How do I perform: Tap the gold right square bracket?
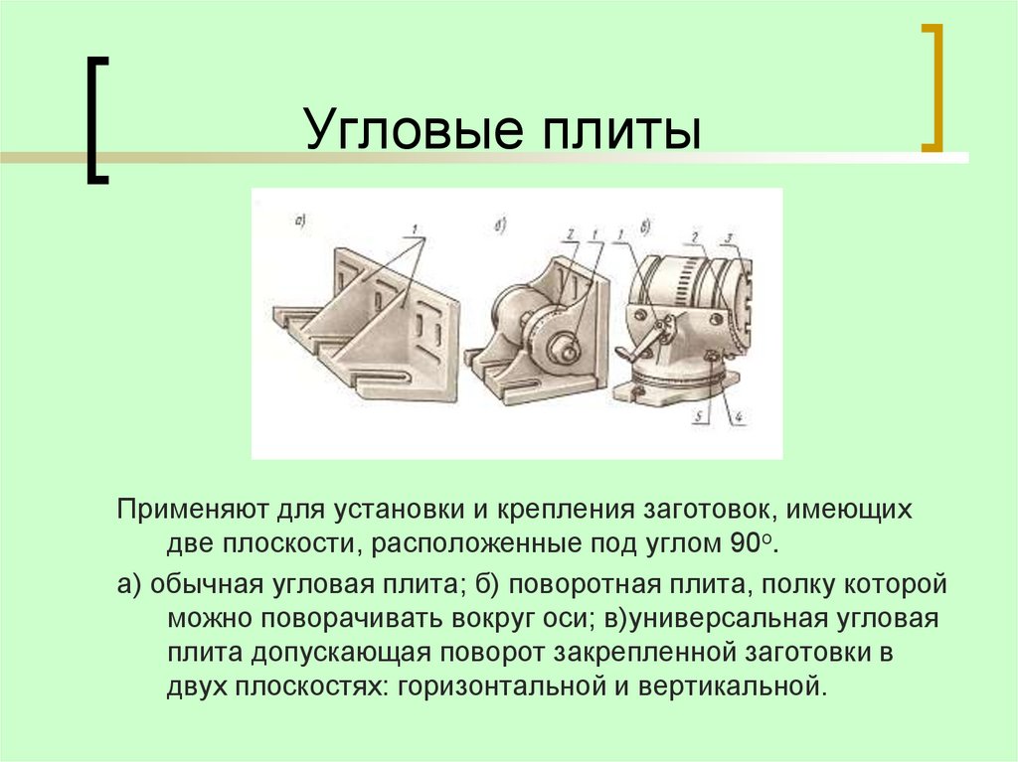pyautogui.click(x=932, y=89)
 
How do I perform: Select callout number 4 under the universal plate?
pyautogui.click(x=740, y=418)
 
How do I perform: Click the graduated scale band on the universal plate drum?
pyautogui.click(x=686, y=278)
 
